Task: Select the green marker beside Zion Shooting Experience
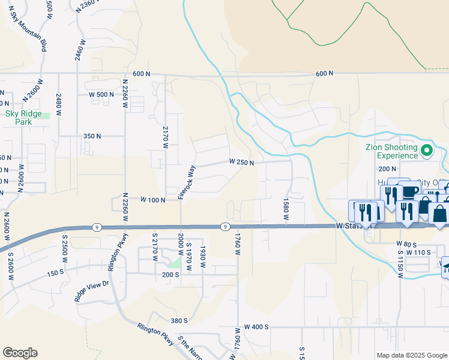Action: click(x=427, y=150)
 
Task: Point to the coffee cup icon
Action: click(x=411, y=191)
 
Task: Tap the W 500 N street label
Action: click(x=101, y=94)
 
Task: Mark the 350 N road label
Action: click(x=92, y=136)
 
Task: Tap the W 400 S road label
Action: click(x=256, y=327)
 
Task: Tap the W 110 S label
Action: click(x=418, y=253)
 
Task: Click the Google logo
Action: click(x=20, y=353)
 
